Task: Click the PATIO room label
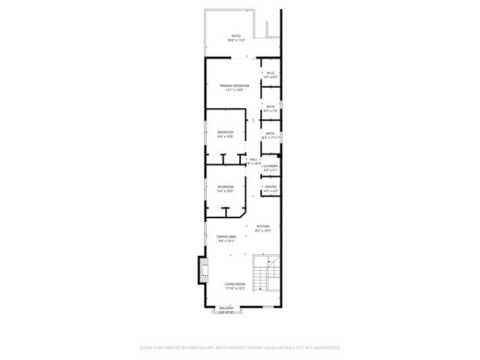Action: [x=235, y=36]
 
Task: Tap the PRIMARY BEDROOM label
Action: [x=235, y=86]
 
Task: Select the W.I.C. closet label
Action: [x=271, y=73]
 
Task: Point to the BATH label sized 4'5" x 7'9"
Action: [x=270, y=106]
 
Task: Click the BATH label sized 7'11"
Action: [x=270, y=133]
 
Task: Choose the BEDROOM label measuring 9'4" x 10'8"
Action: [x=225, y=132]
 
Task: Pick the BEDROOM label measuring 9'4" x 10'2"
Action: [x=225, y=187]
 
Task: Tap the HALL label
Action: [x=253, y=159]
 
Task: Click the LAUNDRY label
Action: [x=271, y=166]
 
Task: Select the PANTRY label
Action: [x=271, y=187]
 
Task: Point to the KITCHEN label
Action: [x=262, y=226]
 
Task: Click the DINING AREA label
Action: [x=226, y=237]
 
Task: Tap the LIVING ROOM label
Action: [x=235, y=284]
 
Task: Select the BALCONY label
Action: [x=226, y=307]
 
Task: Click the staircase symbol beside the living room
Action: [x=266, y=274]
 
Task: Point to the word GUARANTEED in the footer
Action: [x=324, y=348]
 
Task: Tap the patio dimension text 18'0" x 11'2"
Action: [x=235, y=40]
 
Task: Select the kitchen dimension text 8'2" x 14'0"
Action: [x=262, y=230]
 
